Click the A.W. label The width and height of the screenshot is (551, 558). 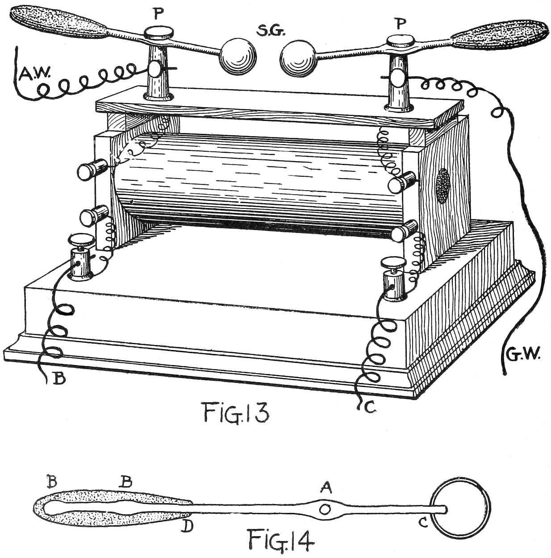(34, 73)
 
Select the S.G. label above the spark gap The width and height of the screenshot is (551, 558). (271, 32)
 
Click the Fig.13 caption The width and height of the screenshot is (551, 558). (236, 412)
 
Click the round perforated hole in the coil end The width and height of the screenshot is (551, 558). (443, 186)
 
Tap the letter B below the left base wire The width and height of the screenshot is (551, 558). (59, 379)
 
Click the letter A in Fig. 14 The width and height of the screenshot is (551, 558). (326, 489)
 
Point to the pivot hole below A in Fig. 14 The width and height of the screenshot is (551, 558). (326, 509)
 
